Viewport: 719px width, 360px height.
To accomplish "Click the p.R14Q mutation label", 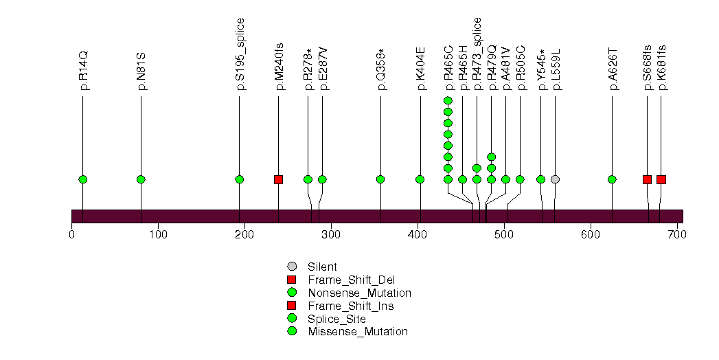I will tap(83, 70).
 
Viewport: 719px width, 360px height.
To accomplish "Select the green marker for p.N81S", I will tap(141, 179).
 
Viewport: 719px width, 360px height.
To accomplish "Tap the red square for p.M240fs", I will tap(278, 179).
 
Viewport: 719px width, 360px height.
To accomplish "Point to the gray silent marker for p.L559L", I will tap(555, 179).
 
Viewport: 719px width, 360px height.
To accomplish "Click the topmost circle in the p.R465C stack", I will tap(448, 101).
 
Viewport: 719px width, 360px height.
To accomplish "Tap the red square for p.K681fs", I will tap(661, 179).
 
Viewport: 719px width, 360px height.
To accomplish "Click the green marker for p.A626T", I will tap(612, 179).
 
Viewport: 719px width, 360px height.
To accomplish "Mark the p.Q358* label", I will tap(380, 69).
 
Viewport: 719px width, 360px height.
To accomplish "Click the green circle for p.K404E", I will tap(420, 179).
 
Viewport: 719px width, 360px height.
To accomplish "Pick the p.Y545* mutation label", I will tap(541, 69).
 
